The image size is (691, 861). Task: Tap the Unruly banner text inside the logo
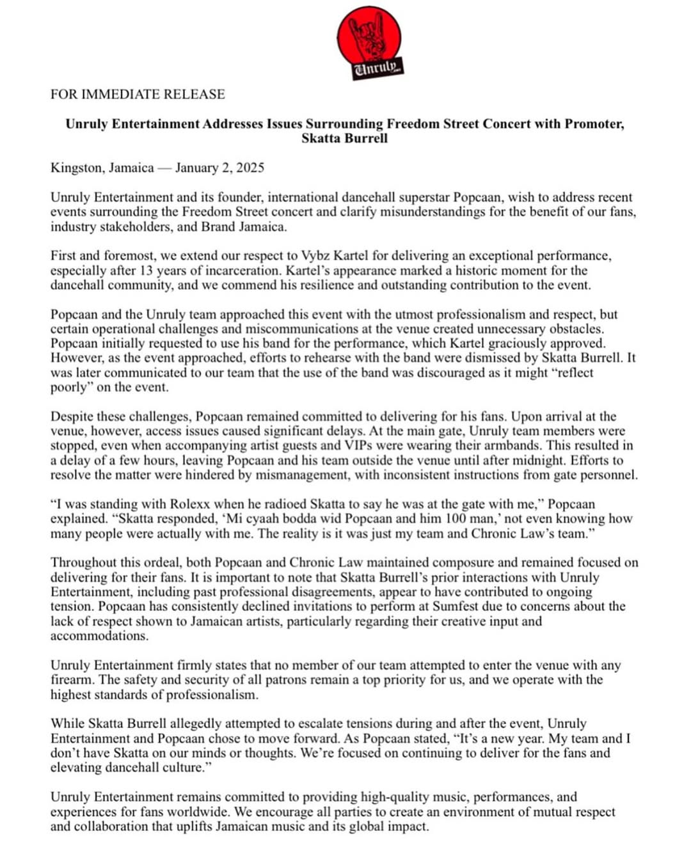pyautogui.click(x=377, y=67)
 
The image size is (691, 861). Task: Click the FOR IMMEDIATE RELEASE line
pyautogui.click(x=138, y=94)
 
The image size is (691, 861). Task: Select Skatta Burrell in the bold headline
pyautogui.click(x=344, y=138)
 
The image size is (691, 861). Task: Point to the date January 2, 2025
pyautogui.click(x=219, y=168)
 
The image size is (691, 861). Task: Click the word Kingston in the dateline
pyautogui.click(x=76, y=168)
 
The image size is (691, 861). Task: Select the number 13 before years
pyautogui.click(x=146, y=271)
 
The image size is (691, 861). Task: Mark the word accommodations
pyautogui.click(x=99, y=636)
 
